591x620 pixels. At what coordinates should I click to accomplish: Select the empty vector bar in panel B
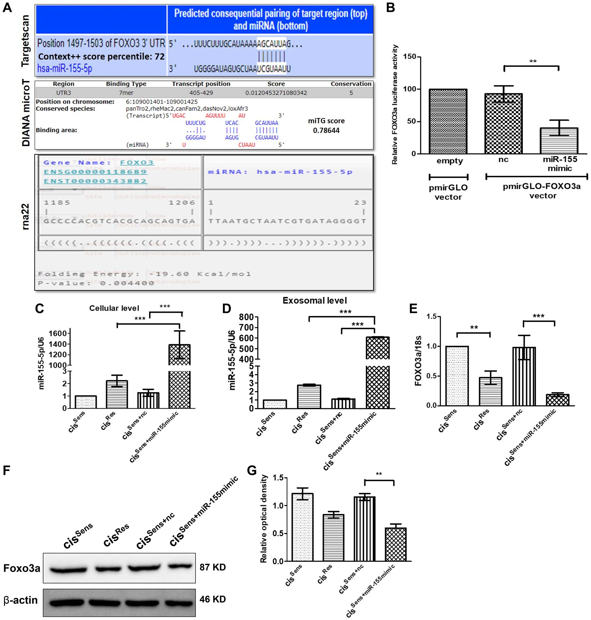point(448,121)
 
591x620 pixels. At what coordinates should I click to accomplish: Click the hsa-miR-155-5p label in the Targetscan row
point(65,68)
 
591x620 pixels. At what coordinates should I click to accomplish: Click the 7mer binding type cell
point(126,93)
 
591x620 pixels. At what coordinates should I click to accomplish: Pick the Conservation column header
point(351,84)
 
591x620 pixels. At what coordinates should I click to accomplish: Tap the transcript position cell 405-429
point(201,93)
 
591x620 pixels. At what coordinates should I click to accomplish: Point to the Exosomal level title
point(314,300)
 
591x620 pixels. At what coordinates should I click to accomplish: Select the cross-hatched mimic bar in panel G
point(396,544)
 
